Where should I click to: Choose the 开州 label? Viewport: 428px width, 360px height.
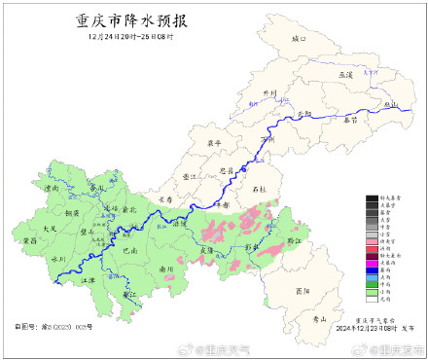270,94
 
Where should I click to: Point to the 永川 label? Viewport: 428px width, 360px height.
57,259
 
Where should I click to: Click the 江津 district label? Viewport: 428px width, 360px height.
90,279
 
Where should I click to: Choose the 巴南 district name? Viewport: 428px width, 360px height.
130,250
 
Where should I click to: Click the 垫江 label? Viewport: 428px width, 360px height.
190,176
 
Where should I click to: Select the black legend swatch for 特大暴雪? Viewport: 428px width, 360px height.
372,198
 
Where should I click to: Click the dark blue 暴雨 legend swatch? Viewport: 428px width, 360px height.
372,270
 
